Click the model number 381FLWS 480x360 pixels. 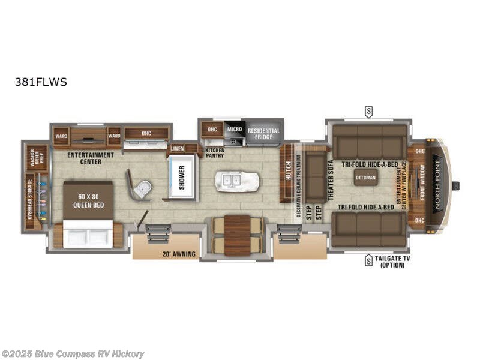click(41, 82)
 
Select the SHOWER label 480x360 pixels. click(181, 177)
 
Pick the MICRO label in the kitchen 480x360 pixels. click(234, 129)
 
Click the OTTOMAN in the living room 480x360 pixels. click(365, 178)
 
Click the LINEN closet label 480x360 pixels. click(177, 148)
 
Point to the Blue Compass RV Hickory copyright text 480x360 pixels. click(73, 353)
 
